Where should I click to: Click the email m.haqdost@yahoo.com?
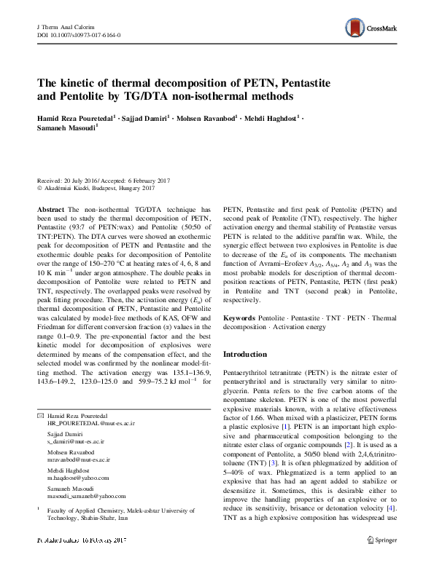[77, 477]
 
